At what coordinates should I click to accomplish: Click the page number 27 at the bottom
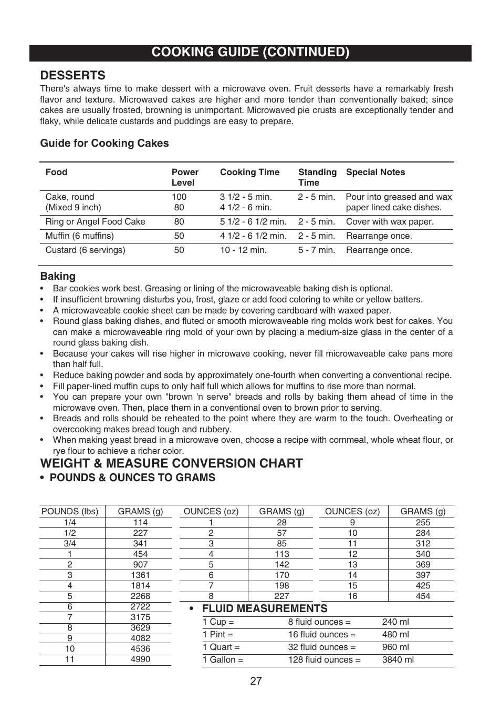256,681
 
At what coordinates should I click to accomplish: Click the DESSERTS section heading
72,75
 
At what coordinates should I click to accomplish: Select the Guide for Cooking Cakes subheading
105,143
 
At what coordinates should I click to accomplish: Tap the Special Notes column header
375,172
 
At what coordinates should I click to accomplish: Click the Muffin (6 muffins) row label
79,236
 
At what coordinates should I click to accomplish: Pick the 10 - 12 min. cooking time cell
243,250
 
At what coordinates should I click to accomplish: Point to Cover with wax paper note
390,222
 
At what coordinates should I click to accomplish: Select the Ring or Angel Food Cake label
95,222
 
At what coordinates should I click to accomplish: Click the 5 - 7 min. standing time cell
316,250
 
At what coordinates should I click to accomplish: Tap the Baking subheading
58,276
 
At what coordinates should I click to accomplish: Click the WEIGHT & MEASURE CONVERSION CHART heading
171,463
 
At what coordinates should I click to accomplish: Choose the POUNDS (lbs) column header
70,511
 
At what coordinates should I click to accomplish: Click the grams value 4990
140,659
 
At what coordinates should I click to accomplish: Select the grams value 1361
140,575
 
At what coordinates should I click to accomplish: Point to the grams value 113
281,554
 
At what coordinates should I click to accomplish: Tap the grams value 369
423,565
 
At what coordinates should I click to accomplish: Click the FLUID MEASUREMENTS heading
264,608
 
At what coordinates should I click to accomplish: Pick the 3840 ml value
398,660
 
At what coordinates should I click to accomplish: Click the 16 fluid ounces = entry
321,635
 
